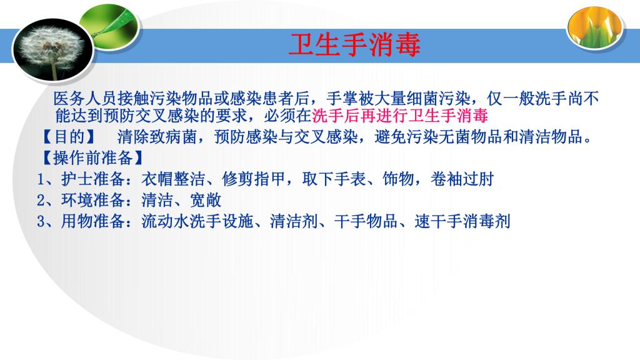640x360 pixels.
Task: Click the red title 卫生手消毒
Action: tap(354, 44)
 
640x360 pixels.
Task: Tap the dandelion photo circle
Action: tap(53, 50)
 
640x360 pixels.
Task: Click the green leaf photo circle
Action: tap(109, 27)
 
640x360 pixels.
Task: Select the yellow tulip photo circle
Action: tap(595, 27)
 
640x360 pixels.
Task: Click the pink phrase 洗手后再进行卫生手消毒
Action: tap(400, 116)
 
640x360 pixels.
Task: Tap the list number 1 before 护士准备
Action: tap(41, 179)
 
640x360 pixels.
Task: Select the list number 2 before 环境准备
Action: tap(41, 201)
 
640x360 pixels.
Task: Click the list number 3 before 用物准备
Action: tap(41, 222)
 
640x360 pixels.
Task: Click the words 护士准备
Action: tap(93, 179)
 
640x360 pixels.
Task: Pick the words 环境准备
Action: tap(93, 201)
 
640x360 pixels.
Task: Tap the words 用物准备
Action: tap(93, 222)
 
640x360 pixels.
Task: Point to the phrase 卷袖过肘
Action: tap(462, 179)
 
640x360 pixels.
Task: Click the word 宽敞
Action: tap(206, 201)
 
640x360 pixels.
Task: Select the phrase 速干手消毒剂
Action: tap(462, 222)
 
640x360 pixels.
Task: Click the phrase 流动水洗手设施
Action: tap(197, 222)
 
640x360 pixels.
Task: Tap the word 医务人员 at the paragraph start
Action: tap(85, 99)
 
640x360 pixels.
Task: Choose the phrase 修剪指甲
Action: tap(254, 179)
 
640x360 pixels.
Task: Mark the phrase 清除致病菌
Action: tap(157, 137)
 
